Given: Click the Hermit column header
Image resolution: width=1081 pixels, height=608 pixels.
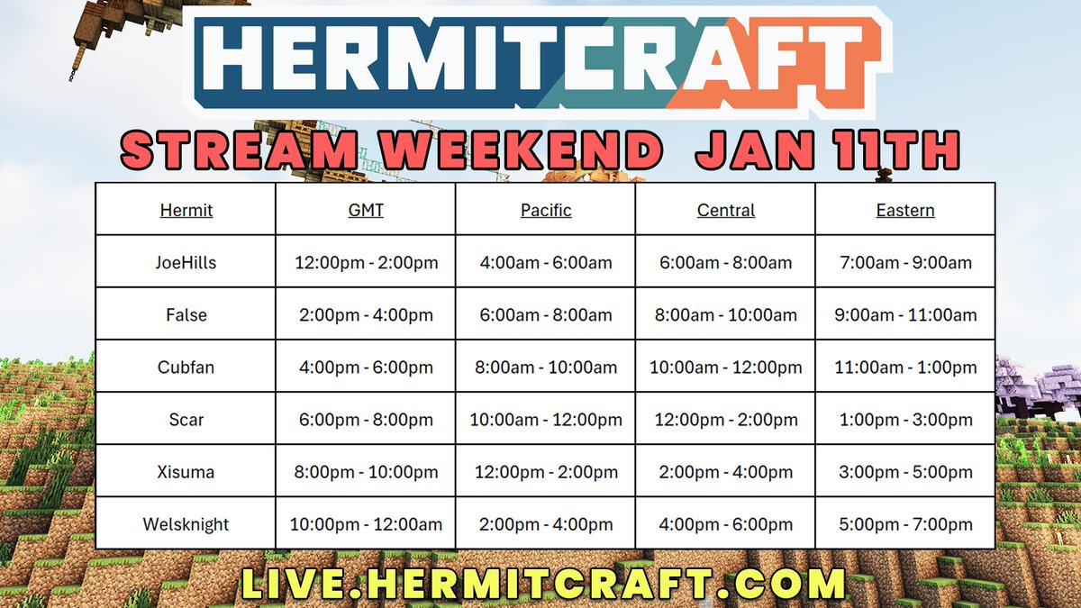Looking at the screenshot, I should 186,211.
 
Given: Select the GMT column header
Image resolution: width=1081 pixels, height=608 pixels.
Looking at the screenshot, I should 366,211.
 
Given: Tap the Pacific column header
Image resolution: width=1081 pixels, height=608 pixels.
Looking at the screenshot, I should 546,211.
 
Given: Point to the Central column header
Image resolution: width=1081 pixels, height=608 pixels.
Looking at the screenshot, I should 726,211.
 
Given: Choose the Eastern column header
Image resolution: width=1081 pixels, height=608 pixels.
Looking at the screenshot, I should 905,211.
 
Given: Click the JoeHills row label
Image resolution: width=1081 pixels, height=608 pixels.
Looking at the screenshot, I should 186,263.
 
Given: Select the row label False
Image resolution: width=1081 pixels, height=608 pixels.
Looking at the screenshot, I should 186,315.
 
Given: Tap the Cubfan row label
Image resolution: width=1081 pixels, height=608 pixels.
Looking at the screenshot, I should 186,368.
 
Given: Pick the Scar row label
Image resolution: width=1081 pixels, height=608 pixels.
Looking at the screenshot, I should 186,420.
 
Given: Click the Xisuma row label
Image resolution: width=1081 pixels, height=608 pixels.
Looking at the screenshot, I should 186,472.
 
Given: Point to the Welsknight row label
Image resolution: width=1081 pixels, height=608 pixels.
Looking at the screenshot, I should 186,524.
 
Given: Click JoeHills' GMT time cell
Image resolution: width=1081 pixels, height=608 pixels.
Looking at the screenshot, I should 366,263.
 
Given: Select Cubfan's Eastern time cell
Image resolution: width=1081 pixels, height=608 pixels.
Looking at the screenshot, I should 905,368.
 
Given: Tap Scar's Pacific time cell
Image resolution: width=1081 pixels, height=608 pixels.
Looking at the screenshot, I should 546,420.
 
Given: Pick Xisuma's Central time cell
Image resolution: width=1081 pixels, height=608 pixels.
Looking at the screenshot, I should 726,472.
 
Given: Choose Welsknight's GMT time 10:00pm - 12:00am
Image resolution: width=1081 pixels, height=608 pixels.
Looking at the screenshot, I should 366,524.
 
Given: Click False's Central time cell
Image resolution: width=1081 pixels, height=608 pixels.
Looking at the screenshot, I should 726,315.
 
